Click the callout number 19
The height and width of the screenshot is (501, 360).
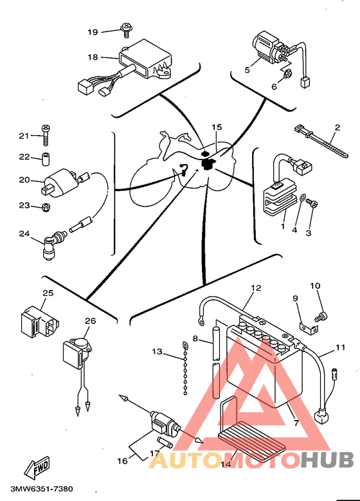[93, 32]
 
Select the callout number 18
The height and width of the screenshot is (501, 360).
[93, 57]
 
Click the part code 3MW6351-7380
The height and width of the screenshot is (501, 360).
[42, 489]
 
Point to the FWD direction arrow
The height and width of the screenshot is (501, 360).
[37, 467]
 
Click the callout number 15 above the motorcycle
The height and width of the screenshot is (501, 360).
[217, 127]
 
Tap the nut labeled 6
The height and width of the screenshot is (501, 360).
[287, 74]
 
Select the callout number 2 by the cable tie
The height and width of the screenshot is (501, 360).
[337, 127]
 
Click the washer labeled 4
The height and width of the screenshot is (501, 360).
[302, 198]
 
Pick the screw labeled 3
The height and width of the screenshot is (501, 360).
[311, 203]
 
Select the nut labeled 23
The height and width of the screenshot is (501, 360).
[46, 207]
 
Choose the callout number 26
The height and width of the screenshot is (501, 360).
[91, 320]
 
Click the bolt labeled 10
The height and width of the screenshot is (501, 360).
[320, 316]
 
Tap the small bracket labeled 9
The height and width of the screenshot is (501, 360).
[309, 329]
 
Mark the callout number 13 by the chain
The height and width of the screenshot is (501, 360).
[157, 352]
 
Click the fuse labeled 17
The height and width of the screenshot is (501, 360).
[165, 443]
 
